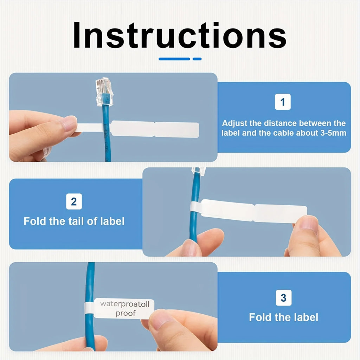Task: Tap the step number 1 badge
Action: coord(283,102)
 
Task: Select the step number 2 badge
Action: coord(74,201)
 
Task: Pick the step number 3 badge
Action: coord(284,297)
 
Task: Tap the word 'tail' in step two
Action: coord(76,221)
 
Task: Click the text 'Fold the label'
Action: coord(284,317)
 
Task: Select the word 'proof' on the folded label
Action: coord(126,313)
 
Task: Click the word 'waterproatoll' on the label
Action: coord(125,304)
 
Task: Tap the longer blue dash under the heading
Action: coord(174,59)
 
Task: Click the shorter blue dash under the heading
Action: coord(197,59)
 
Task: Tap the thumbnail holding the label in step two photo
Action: coord(306,223)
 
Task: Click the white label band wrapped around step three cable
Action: coord(89,308)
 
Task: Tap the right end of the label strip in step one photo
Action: coord(198,130)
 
